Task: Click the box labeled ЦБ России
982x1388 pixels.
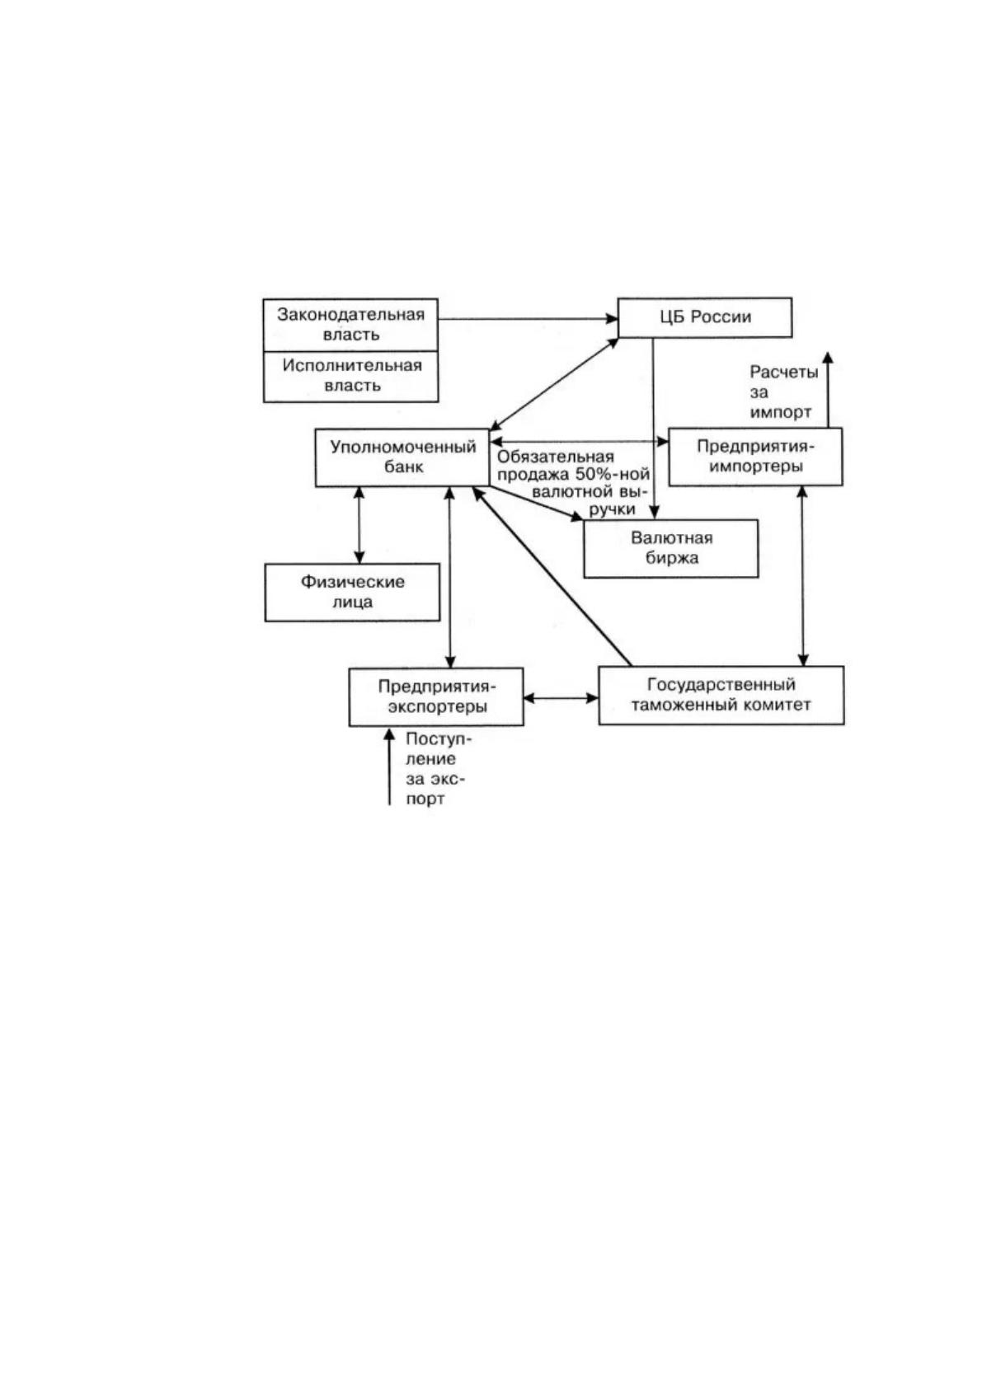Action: point(705,317)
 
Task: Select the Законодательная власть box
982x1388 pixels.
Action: point(351,325)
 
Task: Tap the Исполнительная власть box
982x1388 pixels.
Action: point(351,376)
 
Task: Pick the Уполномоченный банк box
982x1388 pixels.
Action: point(402,457)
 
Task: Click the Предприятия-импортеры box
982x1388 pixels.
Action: point(755,456)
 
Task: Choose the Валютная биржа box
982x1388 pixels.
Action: point(671,548)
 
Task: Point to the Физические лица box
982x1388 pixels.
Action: point(352,592)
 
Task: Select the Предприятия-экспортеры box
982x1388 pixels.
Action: point(436,696)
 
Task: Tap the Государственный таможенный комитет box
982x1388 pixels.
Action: point(721,696)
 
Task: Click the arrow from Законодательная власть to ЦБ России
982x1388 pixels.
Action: point(529,319)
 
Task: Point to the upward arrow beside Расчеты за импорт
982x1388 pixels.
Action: point(828,389)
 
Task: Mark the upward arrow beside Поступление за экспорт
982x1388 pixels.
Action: point(389,767)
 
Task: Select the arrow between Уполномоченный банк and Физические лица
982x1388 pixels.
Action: point(359,525)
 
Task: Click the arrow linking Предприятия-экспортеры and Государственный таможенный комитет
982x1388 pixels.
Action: point(561,698)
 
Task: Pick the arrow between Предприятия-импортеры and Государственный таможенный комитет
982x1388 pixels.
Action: point(803,575)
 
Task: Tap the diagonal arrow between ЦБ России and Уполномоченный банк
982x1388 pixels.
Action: point(554,383)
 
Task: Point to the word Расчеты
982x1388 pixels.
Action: point(784,373)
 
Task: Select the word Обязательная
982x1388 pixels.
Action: point(556,457)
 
